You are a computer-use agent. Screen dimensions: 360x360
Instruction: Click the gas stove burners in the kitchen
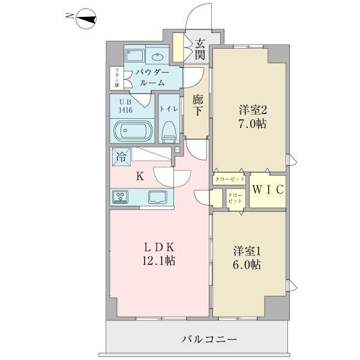click(121, 197)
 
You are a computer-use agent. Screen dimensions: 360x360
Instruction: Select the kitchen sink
click(158, 197)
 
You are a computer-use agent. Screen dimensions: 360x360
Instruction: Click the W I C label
click(267, 190)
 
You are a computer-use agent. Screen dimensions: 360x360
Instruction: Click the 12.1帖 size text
click(158, 262)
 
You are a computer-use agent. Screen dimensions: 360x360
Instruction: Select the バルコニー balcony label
click(209, 340)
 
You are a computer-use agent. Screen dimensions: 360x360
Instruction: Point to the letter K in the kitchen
click(139, 176)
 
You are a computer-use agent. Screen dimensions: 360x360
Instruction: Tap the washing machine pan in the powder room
click(136, 56)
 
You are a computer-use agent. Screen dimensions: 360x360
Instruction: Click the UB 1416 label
click(125, 106)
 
